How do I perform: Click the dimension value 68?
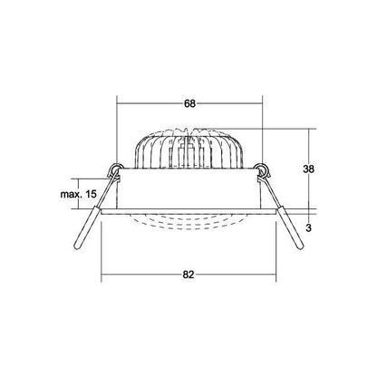pos(189,103)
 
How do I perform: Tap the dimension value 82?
pos(188,275)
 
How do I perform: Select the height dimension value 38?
pos(308,169)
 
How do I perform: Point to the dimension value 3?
pos(308,228)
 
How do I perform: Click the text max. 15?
pos(79,194)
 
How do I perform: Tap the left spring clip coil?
pos(116,168)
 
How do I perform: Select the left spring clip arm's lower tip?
pos(79,247)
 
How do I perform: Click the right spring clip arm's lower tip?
pos(300,247)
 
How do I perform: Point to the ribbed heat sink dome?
pos(188,148)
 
